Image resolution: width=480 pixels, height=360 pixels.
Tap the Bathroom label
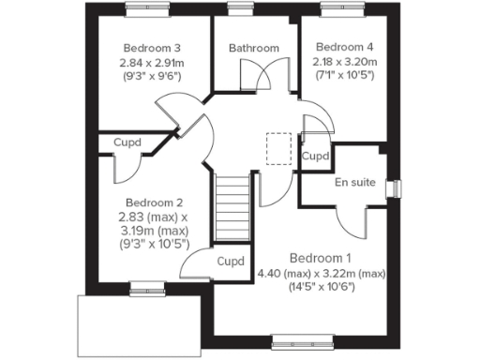click(x=254, y=49)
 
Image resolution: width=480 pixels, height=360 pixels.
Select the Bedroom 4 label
click(x=344, y=47)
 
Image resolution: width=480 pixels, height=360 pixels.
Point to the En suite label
click(x=352, y=182)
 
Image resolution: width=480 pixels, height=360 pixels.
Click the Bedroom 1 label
click(x=321, y=258)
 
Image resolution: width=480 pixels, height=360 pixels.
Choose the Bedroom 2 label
click(x=154, y=202)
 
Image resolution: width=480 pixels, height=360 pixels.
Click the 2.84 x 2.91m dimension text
click(x=151, y=63)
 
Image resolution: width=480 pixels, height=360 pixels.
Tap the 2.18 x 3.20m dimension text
click(x=344, y=61)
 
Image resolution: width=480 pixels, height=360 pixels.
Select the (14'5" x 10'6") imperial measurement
click(x=321, y=288)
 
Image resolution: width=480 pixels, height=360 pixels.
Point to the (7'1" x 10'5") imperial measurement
click(x=344, y=75)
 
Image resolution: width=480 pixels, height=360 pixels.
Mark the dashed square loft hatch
click(x=279, y=148)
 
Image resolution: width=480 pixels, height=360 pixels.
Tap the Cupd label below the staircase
click(x=230, y=262)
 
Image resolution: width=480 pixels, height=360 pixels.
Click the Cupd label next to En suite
click(x=316, y=156)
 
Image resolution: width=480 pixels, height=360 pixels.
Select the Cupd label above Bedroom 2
click(x=127, y=143)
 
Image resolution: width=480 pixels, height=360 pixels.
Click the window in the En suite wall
click(x=395, y=188)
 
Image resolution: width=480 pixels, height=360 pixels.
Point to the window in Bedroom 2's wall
click(x=143, y=287)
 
